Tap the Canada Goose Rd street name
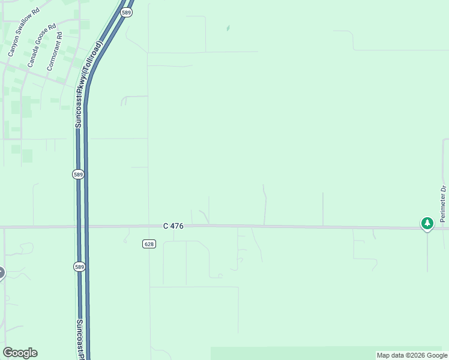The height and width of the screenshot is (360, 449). pos(41,45)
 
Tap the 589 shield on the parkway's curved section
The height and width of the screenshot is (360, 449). pos(126,11)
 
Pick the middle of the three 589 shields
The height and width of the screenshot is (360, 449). pos(78,174)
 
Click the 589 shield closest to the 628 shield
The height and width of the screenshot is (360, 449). pos(79,266)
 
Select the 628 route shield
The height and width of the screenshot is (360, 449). pos(149,243)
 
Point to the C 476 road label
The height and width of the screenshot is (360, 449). pos(173,226)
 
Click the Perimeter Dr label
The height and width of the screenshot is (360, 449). pos(443,205)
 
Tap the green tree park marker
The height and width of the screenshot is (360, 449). pos(427,224)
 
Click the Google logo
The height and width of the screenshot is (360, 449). pos(20,353)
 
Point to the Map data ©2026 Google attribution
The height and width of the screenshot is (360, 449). pos(412,355)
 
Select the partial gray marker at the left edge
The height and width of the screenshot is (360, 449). pos(1,273)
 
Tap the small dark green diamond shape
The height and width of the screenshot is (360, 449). pos(228,28)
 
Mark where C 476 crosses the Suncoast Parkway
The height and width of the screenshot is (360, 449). pos(83,227)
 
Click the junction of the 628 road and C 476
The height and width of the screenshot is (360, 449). pos(149,226)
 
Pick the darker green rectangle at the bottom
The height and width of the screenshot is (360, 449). pos(324,353)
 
